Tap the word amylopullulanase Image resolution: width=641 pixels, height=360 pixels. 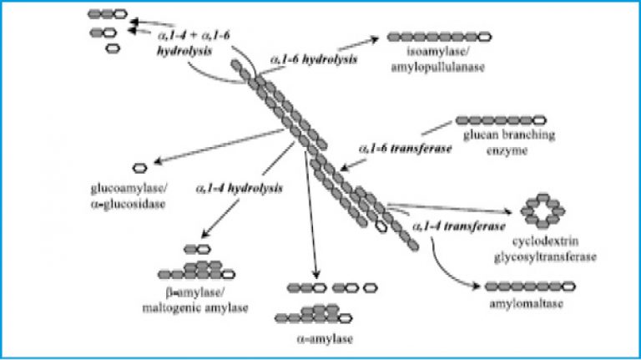click(x=438, y=67)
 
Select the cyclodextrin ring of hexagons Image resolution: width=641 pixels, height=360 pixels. click(x=543, y=211)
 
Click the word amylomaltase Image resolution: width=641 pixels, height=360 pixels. click(x=526, y=303)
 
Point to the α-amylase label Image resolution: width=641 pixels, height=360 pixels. click(x=325, y=339)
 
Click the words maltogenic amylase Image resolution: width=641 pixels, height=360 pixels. click(x=195, y=307)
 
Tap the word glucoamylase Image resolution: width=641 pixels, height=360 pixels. click(x=129, y=189)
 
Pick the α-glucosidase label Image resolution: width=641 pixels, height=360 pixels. click(x=128, y=204)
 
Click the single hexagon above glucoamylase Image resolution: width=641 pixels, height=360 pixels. click(x=140, y=168)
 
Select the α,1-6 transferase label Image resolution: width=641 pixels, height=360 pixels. click(x=405, y=148)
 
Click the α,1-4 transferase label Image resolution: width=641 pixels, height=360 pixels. click(x=459, y=226)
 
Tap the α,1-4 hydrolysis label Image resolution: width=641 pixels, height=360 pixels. click(x=240, y=189)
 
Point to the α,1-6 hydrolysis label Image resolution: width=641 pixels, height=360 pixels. click(x=314, y=59)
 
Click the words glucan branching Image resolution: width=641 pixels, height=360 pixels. click(x=509, y=135)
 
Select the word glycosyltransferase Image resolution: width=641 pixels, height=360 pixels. click(x=545, y=257)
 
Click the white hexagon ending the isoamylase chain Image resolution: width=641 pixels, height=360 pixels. click(x=484, y=38)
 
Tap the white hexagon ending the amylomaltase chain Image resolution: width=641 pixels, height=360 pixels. click(x=568, y=286)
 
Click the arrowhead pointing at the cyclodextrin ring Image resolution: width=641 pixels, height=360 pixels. click(x=508, y=211)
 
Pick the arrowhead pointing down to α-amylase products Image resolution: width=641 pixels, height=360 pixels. click(x=315, y=275)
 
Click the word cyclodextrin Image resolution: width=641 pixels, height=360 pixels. click(x=545, y=241)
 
